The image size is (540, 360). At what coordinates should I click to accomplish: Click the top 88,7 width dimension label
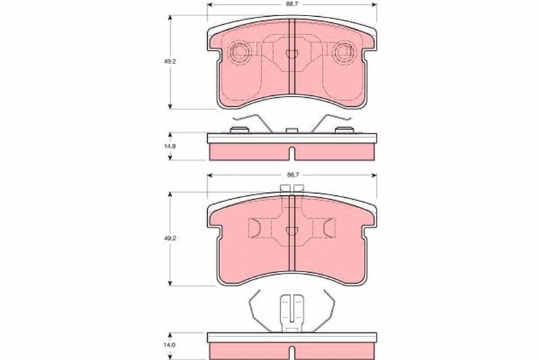(292, 5)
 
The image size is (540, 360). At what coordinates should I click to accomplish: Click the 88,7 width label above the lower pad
(292, 175)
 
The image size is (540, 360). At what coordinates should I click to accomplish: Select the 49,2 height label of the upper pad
(170, 61)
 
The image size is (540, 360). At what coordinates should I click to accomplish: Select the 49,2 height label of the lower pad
(170, 238)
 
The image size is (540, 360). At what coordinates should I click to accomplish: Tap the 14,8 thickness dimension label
(170, 146)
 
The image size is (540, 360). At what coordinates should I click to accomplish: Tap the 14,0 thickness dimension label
(170, 344)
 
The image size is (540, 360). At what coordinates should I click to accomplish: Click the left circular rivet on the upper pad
(240, 52)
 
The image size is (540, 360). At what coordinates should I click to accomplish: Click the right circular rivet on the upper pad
(344, 52)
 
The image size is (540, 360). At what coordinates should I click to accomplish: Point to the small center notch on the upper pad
(292, 54)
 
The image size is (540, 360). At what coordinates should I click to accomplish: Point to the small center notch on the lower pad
(292, 231)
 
